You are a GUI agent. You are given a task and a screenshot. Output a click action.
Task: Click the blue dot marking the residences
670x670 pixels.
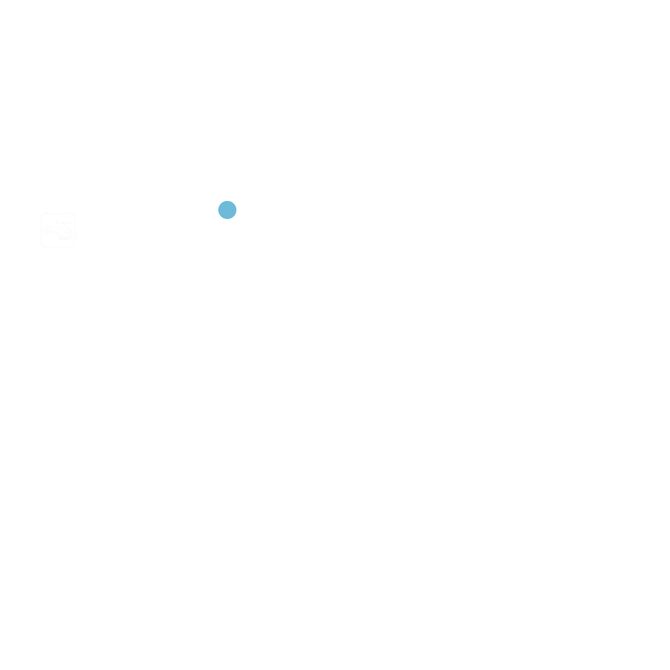227,210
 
